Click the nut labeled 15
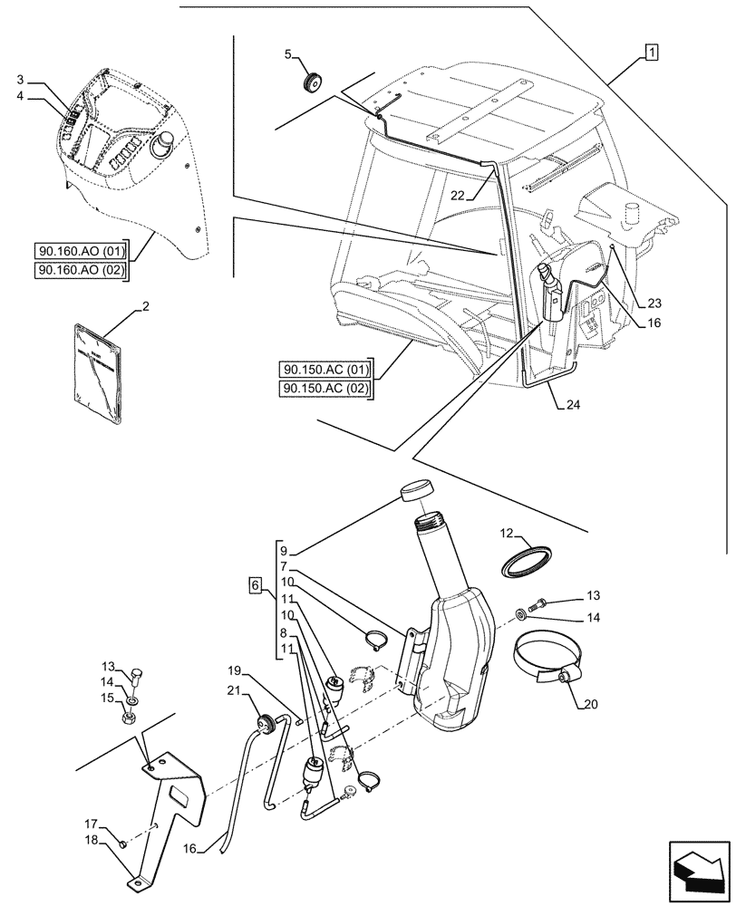coord(131,719)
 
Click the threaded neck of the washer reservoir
coord(430,525)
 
